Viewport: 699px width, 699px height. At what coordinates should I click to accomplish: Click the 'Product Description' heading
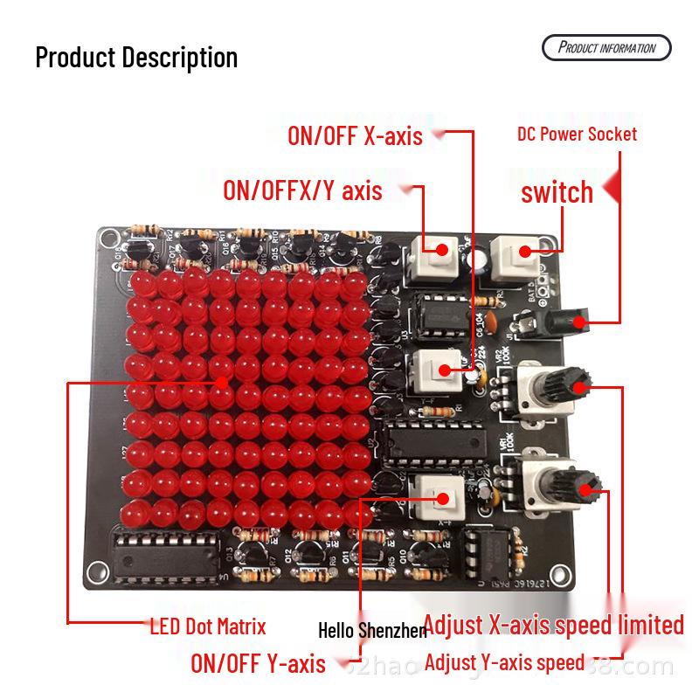[x=136, y=58]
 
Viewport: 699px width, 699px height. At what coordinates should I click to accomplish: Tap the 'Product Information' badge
[x=606, y=47]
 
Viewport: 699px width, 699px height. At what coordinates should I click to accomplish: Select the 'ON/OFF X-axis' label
[x=355, y=135]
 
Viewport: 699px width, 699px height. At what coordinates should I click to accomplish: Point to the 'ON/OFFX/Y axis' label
[x=302, y=190]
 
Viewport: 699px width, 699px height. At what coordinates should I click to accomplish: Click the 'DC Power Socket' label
[x=577, y=134]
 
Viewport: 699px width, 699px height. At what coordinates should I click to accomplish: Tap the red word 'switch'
[x=557, y=192]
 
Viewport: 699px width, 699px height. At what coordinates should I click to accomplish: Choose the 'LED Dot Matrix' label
[x=208, y=626]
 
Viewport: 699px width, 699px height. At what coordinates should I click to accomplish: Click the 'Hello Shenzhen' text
[x=372, y=630]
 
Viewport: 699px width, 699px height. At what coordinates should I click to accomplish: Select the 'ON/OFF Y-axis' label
[x=258, y=663]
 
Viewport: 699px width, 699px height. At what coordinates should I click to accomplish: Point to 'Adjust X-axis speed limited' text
[x=554, y=625]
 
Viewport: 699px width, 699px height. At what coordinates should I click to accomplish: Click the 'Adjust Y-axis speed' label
[x=504, y=662]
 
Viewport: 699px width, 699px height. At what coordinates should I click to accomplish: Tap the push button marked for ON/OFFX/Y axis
[x=434, y=255]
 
